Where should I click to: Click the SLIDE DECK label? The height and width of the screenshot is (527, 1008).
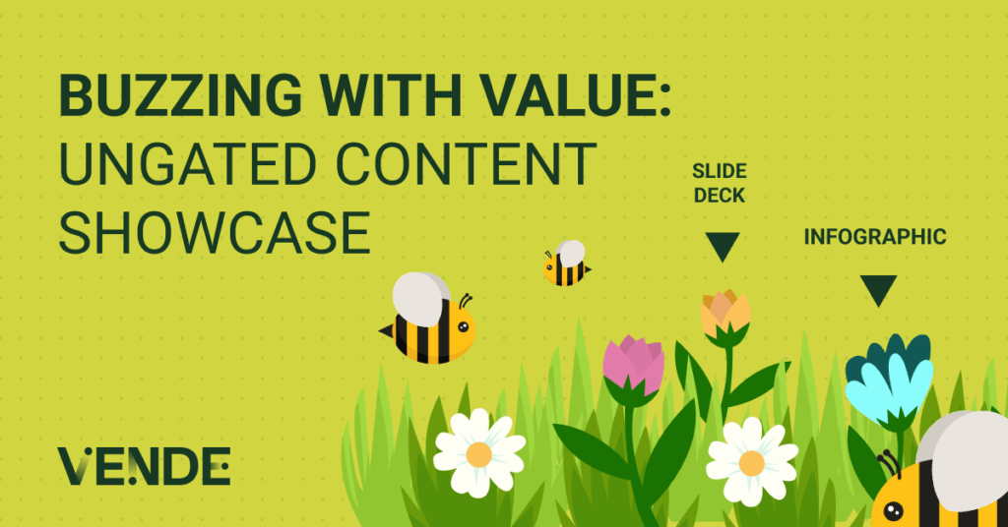click(x=719, y=183)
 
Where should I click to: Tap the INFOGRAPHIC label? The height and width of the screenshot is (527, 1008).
click(x=875, y=237)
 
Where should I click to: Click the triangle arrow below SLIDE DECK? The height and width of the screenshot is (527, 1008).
click(x=723, y=246)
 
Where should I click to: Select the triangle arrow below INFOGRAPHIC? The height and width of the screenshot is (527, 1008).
click(x=878, y=289)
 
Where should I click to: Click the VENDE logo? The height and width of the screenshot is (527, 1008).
click(x=144, y=466)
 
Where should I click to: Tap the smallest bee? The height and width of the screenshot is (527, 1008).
click(x=566, y=263)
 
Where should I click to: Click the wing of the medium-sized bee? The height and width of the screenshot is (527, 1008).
click(x=421, y=299)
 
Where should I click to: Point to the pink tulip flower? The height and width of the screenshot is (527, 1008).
click(x=633, y=365)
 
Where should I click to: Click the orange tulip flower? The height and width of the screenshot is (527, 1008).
click(x=725, y=313)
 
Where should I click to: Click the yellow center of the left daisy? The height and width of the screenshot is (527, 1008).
click(x=479, y=454)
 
